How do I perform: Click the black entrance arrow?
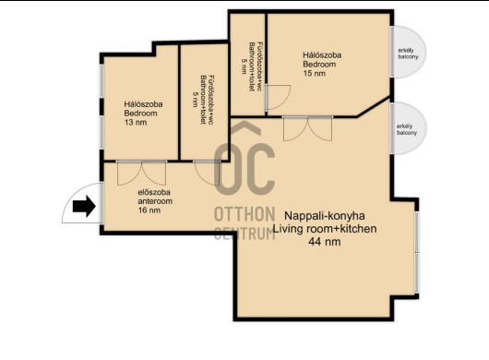point(84,206)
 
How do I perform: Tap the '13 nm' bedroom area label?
point(136,122)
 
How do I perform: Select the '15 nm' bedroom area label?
point(314,73)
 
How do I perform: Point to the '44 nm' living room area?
point(325,242)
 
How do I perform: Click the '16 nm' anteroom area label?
point(149,210)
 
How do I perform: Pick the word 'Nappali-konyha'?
point(325,216)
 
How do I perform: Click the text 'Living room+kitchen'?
point(325,229)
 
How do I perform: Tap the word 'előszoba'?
point(154,192)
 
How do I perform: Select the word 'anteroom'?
point(155,201)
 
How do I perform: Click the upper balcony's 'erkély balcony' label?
point(408,54)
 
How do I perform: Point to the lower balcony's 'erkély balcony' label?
point(407,129)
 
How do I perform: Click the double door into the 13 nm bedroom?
point(141,173)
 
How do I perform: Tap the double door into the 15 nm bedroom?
point(308,128)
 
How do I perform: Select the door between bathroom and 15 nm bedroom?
point(278,97)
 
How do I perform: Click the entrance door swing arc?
point(82,203)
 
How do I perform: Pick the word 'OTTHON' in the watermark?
point(244,214)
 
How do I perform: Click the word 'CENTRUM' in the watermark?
point(244,233)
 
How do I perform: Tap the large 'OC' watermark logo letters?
point(244,159)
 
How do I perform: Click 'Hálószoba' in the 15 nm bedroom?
point(322,55)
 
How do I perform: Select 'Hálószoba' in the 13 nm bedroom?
point(143,104)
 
